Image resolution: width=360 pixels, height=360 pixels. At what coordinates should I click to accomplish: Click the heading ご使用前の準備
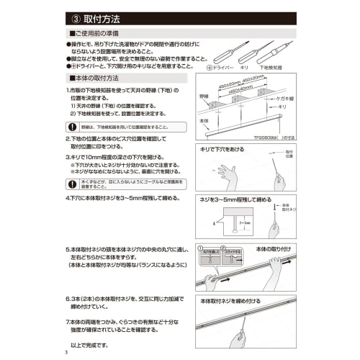[100, 34]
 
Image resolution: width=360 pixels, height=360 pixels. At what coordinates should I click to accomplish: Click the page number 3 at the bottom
[66, 351]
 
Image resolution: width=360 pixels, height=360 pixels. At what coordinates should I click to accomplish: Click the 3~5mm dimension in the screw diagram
[244, 223]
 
